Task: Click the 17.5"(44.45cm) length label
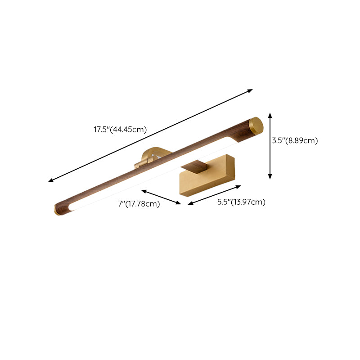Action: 120,130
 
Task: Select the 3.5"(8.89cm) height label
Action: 295,140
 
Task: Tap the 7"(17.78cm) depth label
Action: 139,204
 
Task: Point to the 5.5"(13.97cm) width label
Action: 241,202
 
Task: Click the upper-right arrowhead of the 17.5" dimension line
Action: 251,90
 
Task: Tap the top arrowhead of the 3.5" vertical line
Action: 270,115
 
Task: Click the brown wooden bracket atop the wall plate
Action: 196,167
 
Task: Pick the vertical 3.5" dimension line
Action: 270,146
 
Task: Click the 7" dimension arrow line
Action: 161,197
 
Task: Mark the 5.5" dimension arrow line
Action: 215,195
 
